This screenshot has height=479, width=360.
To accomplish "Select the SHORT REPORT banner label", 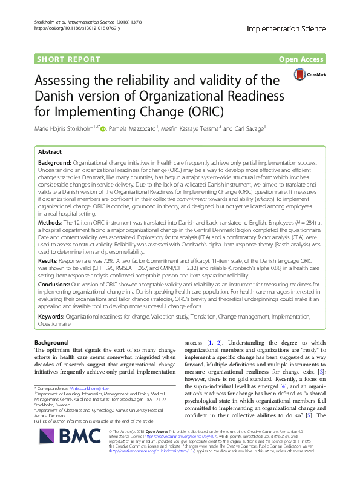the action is pyautogui.click(x=69, y=59).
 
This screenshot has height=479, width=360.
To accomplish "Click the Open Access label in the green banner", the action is pyautogui.click(x=300, y=59).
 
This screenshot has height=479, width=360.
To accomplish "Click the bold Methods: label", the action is pyautogui.click(x=52, y=206).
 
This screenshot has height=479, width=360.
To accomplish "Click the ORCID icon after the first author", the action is pyautogui.click(x=103, y=129).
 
